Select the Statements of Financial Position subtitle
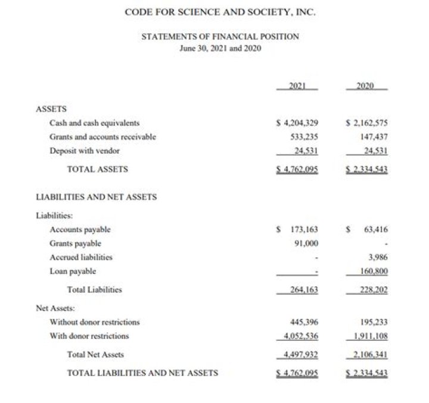[220, 37]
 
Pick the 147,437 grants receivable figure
[371, 137]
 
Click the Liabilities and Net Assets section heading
[97, 196]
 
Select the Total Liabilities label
[94, 290]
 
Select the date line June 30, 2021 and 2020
[220, 48]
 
